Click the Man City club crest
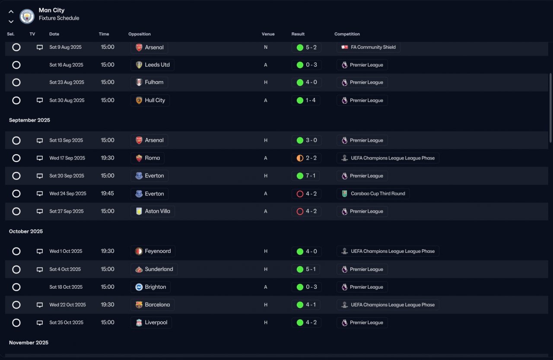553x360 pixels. [27, 16]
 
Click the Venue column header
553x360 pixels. [268, 34]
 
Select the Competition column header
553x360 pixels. [347, 34]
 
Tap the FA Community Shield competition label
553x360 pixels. [373, 47]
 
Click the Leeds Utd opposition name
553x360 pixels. [157, 65]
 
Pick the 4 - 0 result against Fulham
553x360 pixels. [311, 82]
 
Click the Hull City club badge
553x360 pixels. [139, 100]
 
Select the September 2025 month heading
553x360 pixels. [29, 120]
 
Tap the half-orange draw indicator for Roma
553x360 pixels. [300, 158]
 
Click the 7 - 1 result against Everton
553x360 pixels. [311, 176]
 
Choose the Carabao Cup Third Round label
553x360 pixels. [378, 194]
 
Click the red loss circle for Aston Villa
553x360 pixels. [300, 211]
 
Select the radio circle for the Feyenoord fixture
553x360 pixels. [16, 252]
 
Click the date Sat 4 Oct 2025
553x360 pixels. [65, 269]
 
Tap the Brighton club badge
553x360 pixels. [139, 287]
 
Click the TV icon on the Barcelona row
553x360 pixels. [40, 305]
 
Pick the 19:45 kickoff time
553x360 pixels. [108, 193]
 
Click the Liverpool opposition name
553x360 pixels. [156, 322]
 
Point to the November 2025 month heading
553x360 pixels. [29, 342]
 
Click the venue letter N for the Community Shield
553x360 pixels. [266, 47]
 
